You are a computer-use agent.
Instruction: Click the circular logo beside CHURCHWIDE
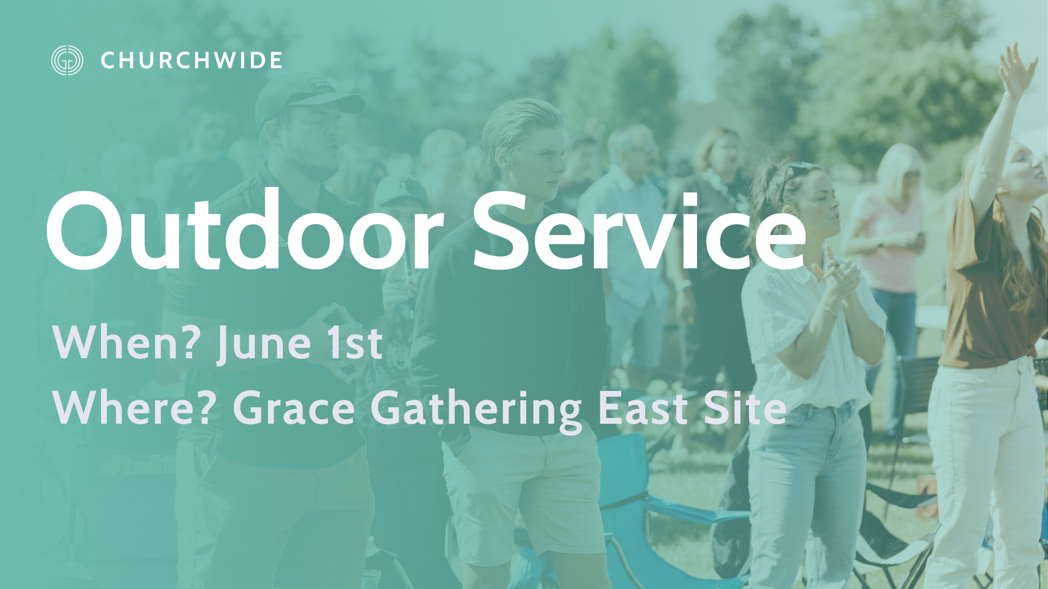coord(67,60)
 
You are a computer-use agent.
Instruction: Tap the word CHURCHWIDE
coord(192,61)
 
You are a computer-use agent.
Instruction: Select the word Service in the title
coord(639,231)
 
